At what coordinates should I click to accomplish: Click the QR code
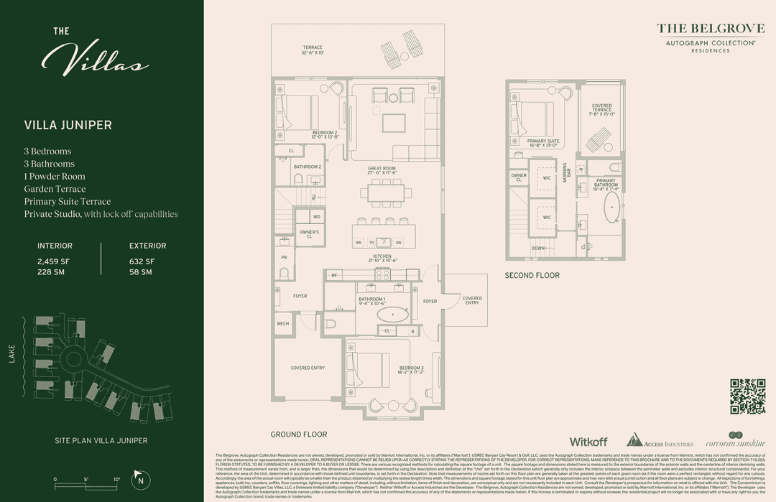(747, 396)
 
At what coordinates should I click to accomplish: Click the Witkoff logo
(588, 442)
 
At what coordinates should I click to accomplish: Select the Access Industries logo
(660, 441)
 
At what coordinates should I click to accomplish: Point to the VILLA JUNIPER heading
(68, 125)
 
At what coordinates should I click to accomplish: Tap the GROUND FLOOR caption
(298, 434)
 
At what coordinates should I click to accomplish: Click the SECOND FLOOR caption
(532, 275)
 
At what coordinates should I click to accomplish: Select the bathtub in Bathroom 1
(392, 315)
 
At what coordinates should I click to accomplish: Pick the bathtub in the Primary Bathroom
(612, 205)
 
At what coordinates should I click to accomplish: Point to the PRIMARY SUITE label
(542, 141)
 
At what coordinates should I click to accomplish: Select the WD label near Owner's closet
(316, 216)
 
